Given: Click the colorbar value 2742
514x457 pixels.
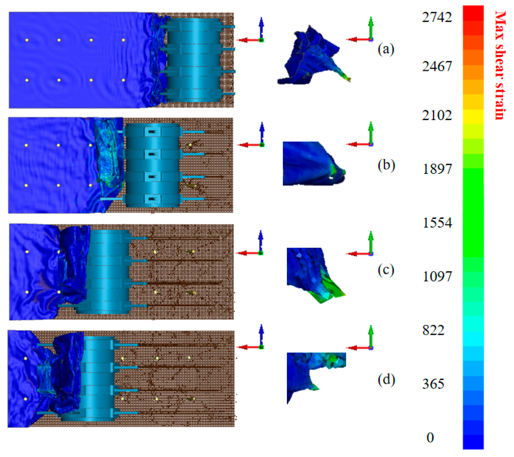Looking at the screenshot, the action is [437, 17].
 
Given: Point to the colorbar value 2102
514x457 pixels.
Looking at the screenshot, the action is [437, 115].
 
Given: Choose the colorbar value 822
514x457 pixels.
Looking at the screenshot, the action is [433, 330].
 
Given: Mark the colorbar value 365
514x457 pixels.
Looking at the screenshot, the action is [433, 384].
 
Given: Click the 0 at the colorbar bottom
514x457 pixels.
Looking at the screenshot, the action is [430, 437].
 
